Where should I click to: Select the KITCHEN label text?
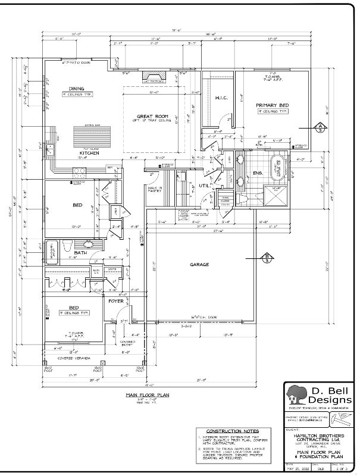(89, 153)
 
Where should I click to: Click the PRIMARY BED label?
(272, 105)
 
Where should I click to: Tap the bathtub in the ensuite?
(278, 166)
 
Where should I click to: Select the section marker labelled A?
(319, 127)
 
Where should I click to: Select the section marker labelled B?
(267, 257)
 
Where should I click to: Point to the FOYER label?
(115, 301)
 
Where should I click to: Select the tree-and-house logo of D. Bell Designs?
(298, 394)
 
